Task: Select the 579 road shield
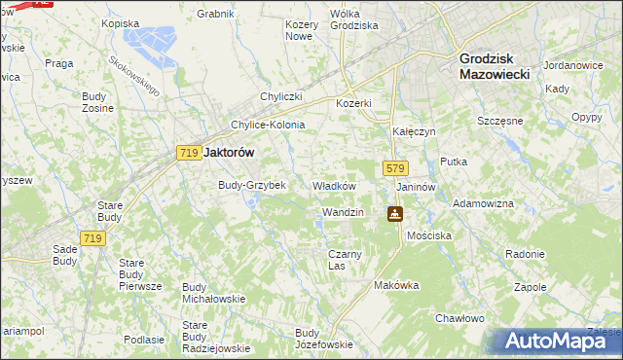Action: pyautogui.click(x=394, y=168)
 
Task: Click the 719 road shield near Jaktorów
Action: pyautogui.click(x=189, y=153)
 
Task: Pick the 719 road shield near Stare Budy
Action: pyautogui.click(x=93, y=238)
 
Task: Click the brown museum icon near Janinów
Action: pyautogui.click(x=394, y=214)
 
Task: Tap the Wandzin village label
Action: pyautogui.click(x=342, y=212)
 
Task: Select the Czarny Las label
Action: pyautogui.click(x=345, y=259)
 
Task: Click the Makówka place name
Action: pyautogui.click(x=396, y=286)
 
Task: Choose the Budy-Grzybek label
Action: pyautogui.click(x=251, y=185)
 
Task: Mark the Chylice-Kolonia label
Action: pyautogui.click(x=268, y=125)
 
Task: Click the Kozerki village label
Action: pyautogui.click(x=353, y=103)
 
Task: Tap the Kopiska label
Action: pyautogui.click(x=121, y=22)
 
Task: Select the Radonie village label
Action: pyautogui.click(x=525, y=254)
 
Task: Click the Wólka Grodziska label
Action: pyautogui.click(x=353, y=19)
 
